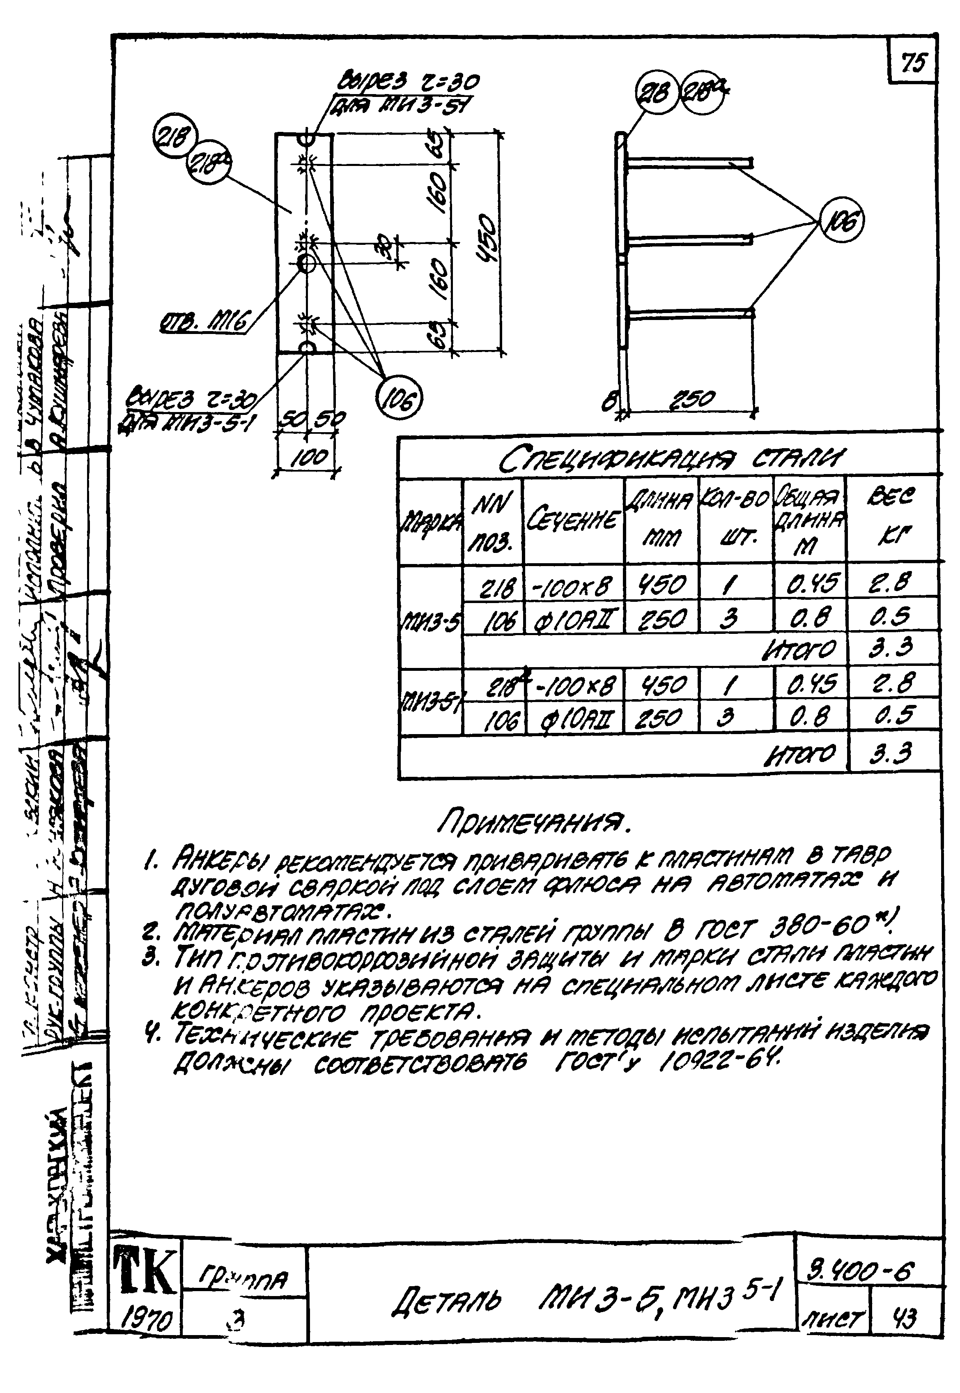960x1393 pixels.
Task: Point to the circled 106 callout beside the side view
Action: tap(841, 221)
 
